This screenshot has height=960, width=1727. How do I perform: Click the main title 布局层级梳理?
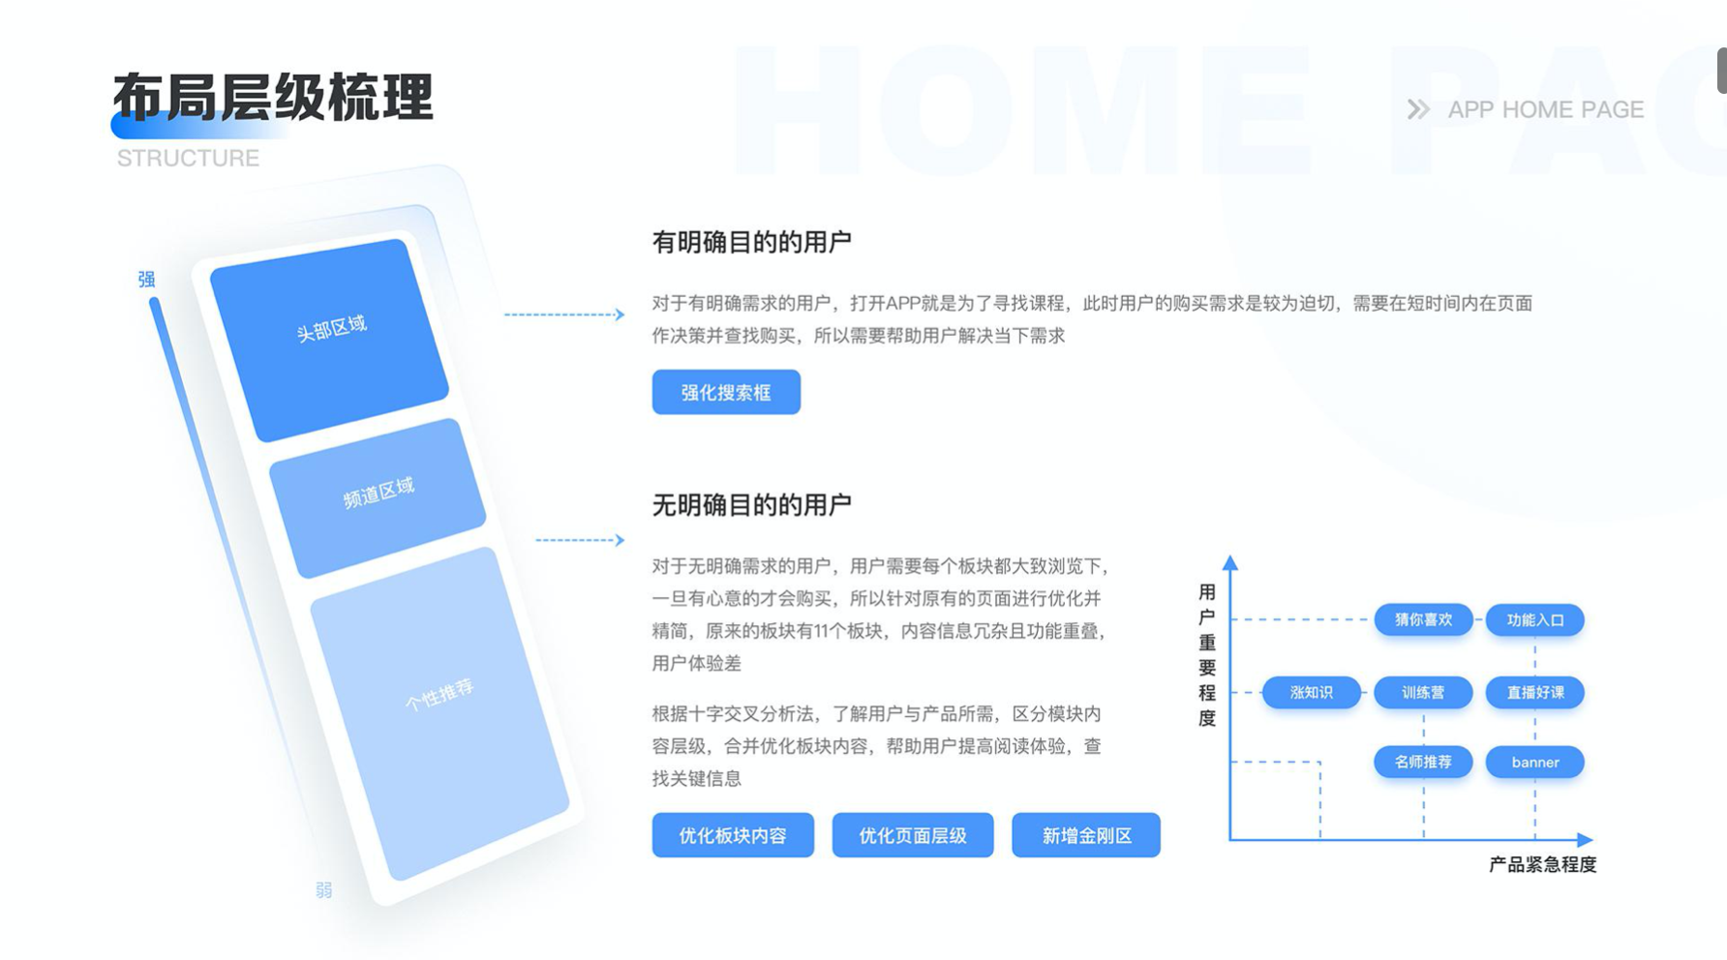click(x=273, y=97)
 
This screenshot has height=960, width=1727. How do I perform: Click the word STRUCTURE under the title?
click(x=188, y=158)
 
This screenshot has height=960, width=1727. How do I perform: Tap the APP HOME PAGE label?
click(x=1546, y=109)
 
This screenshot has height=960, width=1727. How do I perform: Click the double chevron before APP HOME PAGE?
click(x=1418, y=109)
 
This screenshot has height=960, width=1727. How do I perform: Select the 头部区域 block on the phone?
click(x=329, y=340)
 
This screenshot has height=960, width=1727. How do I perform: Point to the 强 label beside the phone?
click(x=146, y=279)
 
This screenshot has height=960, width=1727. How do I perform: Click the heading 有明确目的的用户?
click(x=751, y=242)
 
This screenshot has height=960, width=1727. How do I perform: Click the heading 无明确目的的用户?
click(x=751, y=504)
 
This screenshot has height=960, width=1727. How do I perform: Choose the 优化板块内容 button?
click(x=733, y=835)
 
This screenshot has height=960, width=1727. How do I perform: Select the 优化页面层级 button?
click(x=913, y=835)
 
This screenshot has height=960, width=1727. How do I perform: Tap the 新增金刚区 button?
click(x=1086, y=835)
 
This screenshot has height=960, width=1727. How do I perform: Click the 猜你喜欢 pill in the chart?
click(x=1423, y=619)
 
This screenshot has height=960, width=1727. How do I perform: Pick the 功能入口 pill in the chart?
click(x=1535, y=619)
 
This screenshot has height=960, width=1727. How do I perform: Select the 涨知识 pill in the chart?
click(x=1312, y=692)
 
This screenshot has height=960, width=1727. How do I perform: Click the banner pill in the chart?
click(x=1535, y=762)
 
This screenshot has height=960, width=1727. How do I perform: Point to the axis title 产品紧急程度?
click(x=1542, y=864)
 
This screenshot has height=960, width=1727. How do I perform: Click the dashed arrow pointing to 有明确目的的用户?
click(x=564, y=315)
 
